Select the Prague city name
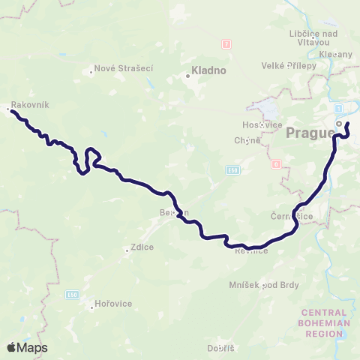[x=310, y=133]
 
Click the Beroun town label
[x=172, y=212]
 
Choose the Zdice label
[x=141, y=250]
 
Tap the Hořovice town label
[x=114, y=304]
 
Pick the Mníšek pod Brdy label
[x=263, y=285]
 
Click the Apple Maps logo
[x=27, y=347]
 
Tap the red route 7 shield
[x=226, y=43]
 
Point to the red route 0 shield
[x=277, y=164]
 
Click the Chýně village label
[x=247, y=139]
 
